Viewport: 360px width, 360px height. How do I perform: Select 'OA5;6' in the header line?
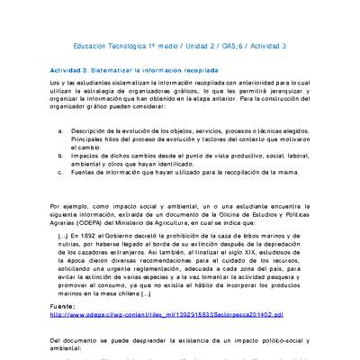click(x=239, y=46)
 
